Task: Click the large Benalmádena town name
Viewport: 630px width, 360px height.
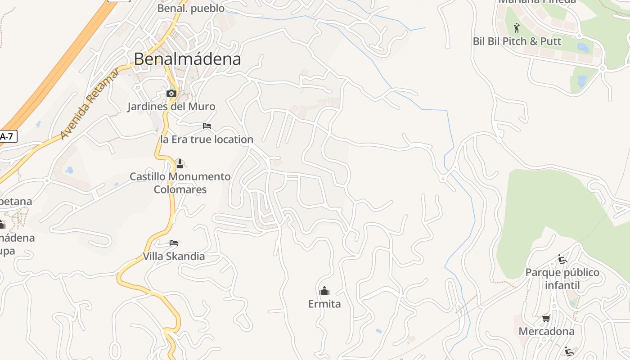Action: [187, 59]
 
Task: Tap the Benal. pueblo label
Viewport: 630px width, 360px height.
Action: [191, 8]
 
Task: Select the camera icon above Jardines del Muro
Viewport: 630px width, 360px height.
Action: [171, 93]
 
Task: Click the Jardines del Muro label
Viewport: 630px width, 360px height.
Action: [171, 107]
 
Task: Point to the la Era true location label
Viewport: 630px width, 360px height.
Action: [207, 139]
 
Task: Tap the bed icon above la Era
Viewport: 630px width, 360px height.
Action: [207, 126]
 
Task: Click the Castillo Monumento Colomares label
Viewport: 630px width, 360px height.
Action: [180, 183]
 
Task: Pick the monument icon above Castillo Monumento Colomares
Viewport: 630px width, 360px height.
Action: [180, 163]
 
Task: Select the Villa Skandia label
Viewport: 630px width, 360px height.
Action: [174, 256]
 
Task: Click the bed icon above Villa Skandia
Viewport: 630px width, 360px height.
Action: [174, 243]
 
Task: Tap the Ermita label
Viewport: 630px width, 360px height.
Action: [324, 304]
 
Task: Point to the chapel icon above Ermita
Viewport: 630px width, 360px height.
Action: [324, 291]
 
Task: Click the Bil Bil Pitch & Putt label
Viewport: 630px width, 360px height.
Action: [517, 41]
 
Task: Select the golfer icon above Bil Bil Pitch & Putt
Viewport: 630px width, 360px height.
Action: [517, 28]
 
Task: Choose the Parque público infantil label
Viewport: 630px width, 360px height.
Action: [562, 279]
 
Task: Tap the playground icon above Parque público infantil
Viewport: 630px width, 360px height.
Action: [562, 259]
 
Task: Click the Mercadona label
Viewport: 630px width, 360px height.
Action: [546, 332]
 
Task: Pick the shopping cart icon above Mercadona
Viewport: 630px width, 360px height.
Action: [546, 319]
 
